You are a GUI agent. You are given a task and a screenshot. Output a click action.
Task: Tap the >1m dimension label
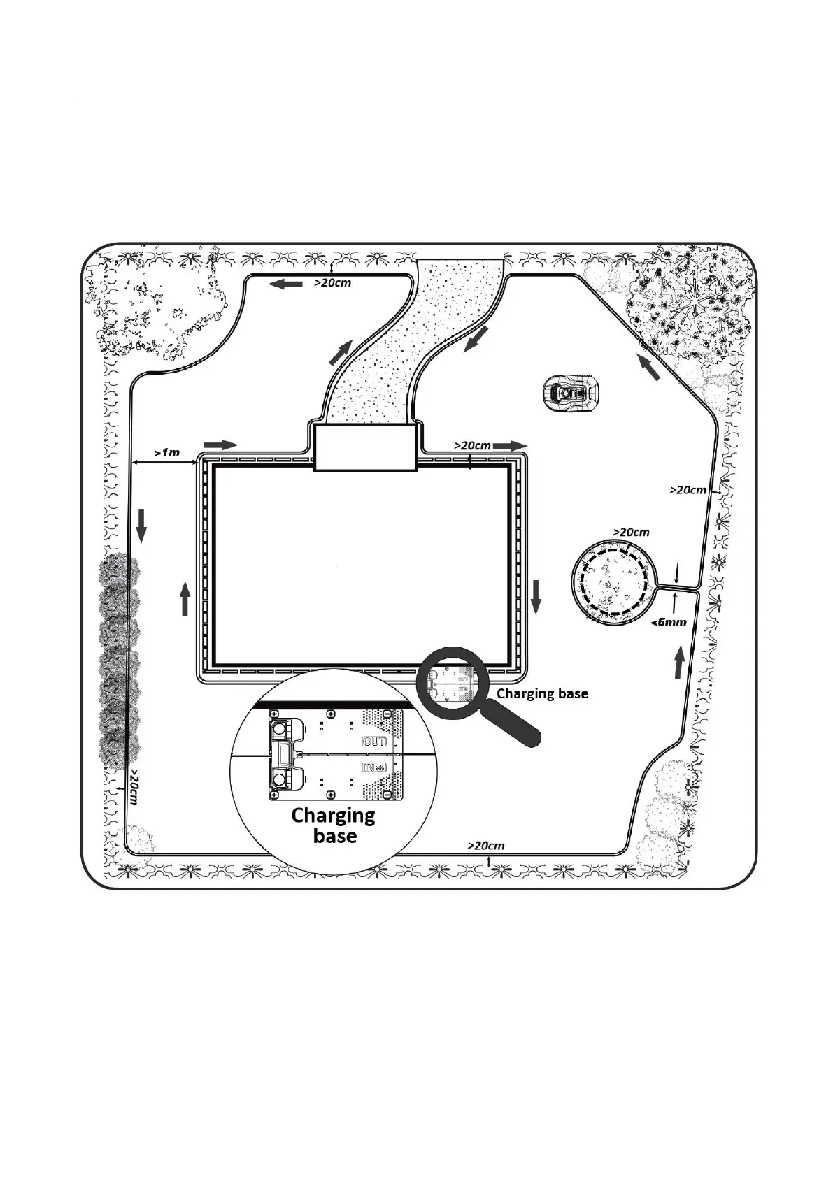(166, 452)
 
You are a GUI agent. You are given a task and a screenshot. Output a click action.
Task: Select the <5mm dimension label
(669, 622)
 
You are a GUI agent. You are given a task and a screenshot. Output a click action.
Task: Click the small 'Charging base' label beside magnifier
(542, 693)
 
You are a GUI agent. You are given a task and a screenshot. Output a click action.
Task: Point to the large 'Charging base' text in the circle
(333, 825)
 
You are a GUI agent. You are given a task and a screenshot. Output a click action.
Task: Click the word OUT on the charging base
(374, 742)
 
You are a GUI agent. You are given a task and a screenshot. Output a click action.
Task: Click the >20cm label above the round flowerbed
(631, 532)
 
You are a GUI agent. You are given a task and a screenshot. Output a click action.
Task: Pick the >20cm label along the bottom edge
(485, 845)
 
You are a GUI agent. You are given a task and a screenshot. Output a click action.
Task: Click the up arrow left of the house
(185, 600)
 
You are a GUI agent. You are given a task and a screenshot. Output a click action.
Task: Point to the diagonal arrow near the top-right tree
(648, 366)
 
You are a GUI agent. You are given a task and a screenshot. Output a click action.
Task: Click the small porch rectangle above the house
(365, 449)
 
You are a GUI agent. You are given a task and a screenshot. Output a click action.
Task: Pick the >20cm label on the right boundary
(688, 490)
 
